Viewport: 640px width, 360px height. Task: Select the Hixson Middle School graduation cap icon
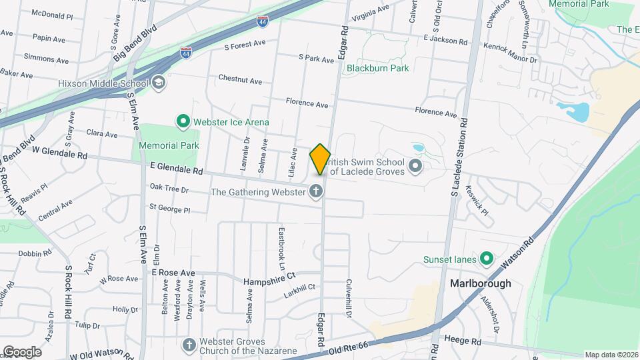159,83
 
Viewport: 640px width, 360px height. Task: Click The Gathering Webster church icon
316,192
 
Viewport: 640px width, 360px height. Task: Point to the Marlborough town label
480,283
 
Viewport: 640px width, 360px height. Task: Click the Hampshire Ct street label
273,281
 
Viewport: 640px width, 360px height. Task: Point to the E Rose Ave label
173,273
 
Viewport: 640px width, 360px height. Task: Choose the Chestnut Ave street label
240,80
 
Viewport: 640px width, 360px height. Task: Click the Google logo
21,351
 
